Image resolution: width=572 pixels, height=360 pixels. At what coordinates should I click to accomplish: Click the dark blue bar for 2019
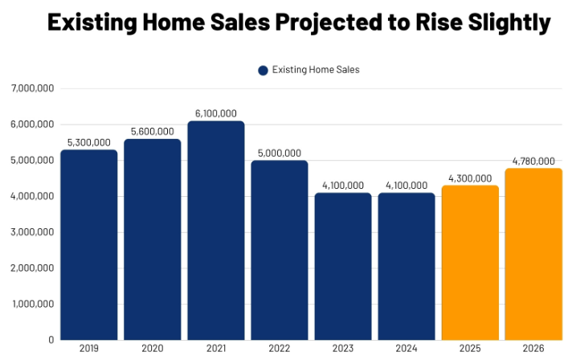tap(88, 244)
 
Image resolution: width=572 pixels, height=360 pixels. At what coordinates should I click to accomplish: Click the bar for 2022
tap(279, 249)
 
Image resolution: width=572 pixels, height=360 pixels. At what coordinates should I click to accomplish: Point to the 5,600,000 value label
tap(152, 131)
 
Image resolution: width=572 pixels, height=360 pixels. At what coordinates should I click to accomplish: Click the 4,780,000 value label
tap(533, 160)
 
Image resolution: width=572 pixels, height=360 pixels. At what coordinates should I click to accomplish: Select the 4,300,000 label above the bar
tap(470, 178)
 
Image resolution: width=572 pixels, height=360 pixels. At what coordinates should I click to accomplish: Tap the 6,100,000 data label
tap(215, 113)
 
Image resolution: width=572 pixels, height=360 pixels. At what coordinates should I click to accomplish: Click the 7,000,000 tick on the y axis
tap(31, 88)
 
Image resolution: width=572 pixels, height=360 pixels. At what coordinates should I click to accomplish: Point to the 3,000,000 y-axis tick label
tap(31, 232)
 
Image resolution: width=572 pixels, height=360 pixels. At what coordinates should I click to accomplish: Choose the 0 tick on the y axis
tap(51, 340)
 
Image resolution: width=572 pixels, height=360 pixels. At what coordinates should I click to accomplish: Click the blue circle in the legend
tap(263, 70)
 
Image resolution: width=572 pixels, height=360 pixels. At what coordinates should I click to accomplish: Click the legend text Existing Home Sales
tap(316, 70)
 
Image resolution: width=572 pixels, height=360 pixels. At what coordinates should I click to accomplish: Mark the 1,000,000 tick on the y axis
tap(31, 305)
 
